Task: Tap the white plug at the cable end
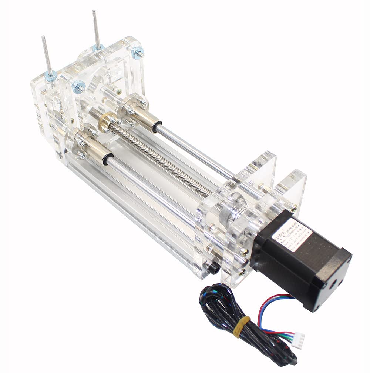tap(299, 337)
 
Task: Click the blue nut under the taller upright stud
tap(98, 47)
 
